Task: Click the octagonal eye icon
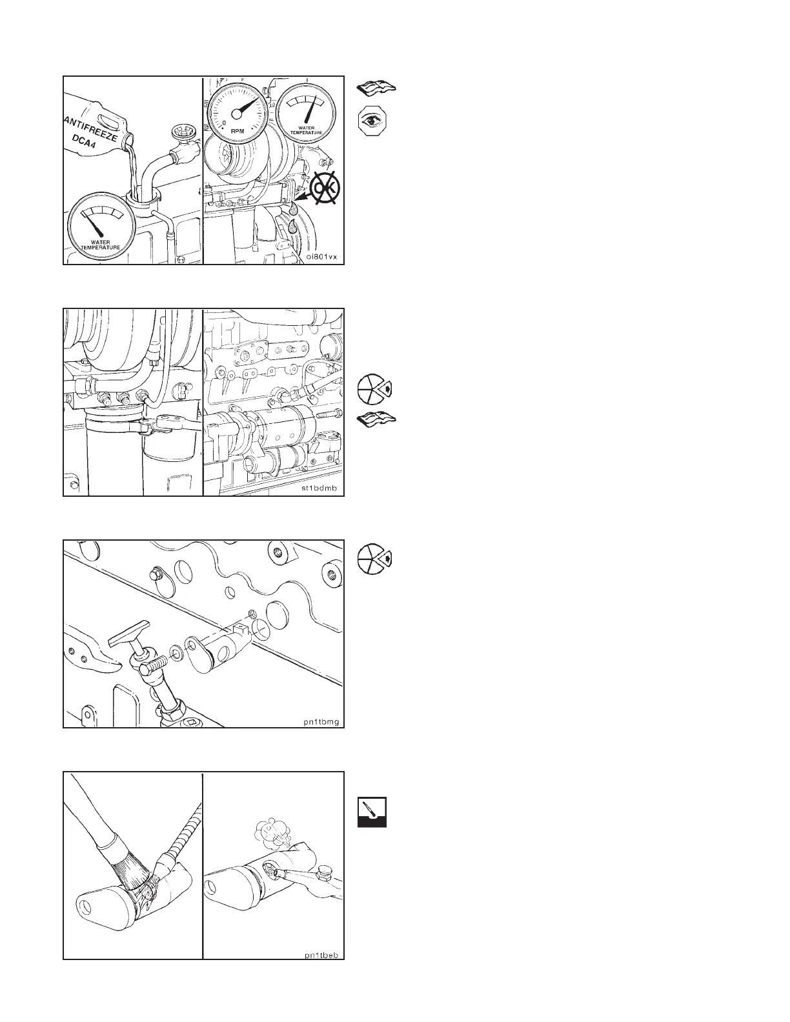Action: pyautogui.click(x=372, y=121)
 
